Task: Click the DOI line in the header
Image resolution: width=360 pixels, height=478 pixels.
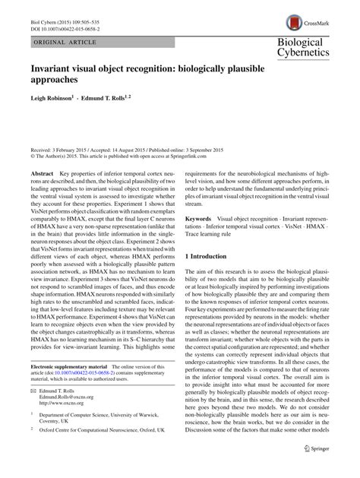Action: pyautogui.click(x=68, y=17)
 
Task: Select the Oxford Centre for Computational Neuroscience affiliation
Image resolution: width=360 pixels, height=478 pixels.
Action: pyautogui.click(x=105, y=458)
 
